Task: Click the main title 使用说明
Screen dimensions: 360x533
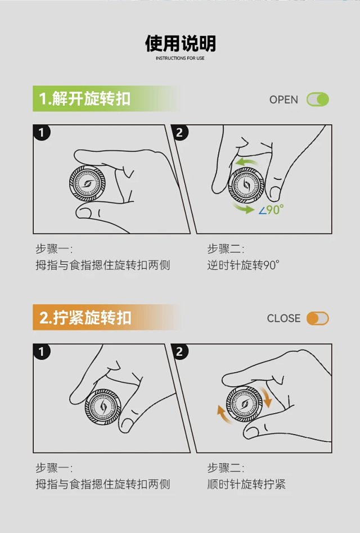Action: tap(180, 43)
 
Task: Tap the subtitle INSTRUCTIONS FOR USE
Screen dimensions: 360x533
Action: tap(180, 58)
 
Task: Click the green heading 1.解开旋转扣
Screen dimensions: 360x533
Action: tap(84, 98)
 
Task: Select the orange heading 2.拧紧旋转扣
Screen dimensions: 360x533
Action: tap(85, 318)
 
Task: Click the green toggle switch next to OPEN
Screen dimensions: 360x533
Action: tap(318, 100)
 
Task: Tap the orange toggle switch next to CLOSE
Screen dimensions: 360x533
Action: tap(317, 319)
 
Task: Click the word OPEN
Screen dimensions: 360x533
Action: tap(283, 100)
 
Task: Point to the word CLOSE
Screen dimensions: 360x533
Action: tap(283, 319)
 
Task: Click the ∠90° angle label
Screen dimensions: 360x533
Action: tap(271, 210)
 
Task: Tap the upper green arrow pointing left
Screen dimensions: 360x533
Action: tap(247, 161)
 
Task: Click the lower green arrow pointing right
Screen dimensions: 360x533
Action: tap(244, 209)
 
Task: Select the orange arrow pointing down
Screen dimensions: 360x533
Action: tap(265, 397)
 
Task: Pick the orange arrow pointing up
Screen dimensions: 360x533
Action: tap(223, 414)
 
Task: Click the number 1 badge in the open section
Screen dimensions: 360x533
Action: tap(42, 133)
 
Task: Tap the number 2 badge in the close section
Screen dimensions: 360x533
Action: tap(179, 351)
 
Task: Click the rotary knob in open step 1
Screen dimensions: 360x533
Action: tap(87, 183)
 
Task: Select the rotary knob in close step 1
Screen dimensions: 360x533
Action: tap(103, 406)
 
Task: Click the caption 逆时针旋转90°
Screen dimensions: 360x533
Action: tap(244, 265)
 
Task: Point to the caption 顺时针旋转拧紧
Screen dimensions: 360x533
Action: tap(246, 484)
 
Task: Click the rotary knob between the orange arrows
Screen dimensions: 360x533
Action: tap(245, 404)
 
